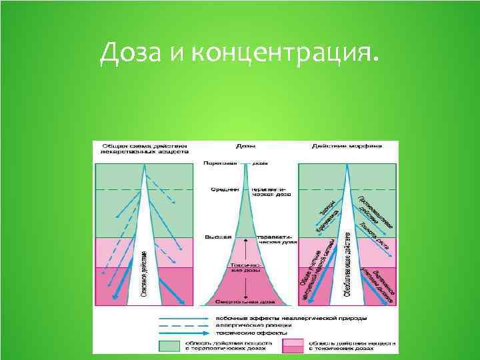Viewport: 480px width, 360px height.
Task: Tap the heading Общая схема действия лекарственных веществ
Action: [144, 148]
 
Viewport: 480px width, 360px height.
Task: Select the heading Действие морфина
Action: [347, 145]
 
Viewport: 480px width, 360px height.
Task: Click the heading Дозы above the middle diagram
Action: [245, 145]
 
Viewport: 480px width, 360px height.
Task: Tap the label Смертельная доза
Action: [247, 300]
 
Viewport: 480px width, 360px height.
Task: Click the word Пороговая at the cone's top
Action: [219, 163]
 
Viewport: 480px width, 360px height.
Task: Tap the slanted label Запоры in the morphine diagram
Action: [325, 208]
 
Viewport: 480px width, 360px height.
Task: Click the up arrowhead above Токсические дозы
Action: [247, 242]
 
